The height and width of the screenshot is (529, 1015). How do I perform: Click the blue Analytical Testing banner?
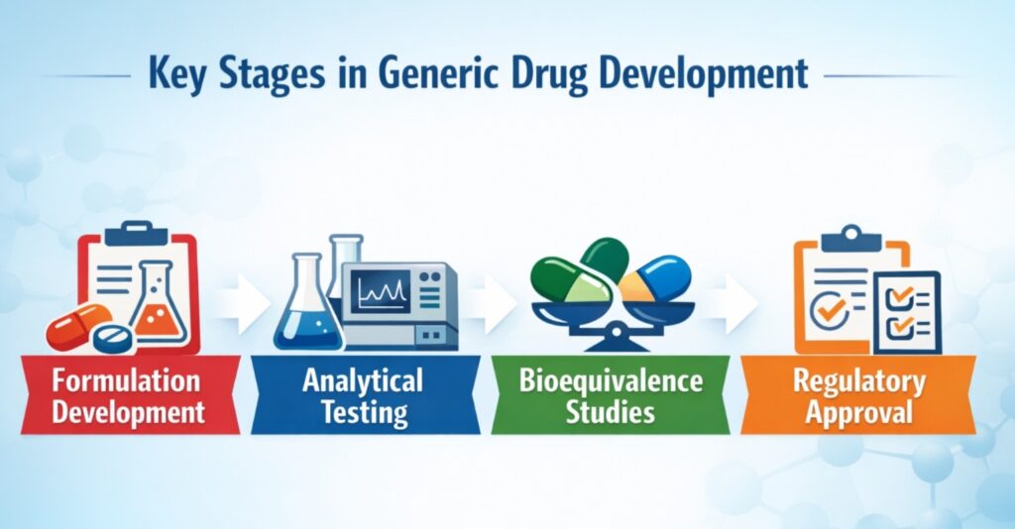click(x=365, y=395)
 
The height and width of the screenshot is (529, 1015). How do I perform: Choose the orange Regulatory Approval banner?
click(x=858, y=395)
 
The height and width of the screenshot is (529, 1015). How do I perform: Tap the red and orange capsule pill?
click(x=77, y=328)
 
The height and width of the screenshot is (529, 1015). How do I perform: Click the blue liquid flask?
click(x=304, y=314)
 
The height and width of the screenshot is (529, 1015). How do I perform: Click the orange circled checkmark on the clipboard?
click(x=828, y=313)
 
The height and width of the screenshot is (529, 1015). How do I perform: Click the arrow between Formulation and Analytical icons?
click(x=243, y=305)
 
